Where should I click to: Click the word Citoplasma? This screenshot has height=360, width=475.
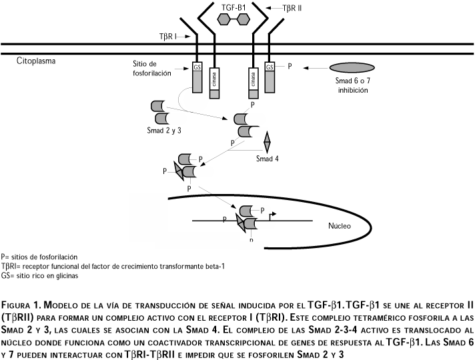pos(37,61)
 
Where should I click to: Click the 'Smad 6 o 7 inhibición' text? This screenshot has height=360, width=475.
pos(352,85)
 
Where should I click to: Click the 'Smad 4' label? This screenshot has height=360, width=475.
pos(269,159)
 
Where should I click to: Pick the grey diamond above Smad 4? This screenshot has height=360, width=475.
pos(268,142)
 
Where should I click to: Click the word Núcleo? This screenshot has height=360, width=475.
pos(340,225)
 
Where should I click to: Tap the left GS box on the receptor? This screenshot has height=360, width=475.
pos(197,67)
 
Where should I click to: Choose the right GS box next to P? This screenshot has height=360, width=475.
pos(270,67)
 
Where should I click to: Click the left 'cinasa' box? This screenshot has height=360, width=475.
pos(214,80)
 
